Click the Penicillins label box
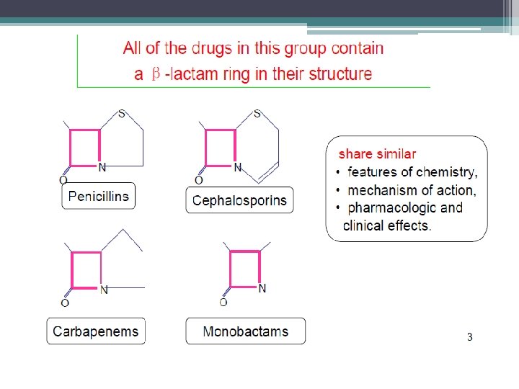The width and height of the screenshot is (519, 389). coord(98,196)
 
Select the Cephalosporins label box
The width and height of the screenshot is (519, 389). coord(239,200)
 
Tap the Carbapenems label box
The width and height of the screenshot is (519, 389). coord(96,331)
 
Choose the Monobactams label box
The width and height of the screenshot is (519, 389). coord(245,331)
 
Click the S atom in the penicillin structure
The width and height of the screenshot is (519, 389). coord(122,114)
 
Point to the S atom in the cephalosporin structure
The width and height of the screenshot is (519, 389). coord(257,114)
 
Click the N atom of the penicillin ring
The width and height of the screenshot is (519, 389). coord(102,168)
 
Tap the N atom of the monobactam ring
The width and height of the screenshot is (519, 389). coord(262,288)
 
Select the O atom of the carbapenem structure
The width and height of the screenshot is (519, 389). coord(65,303)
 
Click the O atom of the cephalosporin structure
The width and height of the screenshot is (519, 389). coord(199,180)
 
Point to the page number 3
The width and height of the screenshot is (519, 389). coord(469,337)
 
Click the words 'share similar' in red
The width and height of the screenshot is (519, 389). coord(377,153)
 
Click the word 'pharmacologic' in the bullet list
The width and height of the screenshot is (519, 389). coord(391,208)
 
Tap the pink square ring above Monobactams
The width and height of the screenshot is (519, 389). coord(244,269)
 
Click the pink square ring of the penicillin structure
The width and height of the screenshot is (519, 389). coord(85,148)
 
